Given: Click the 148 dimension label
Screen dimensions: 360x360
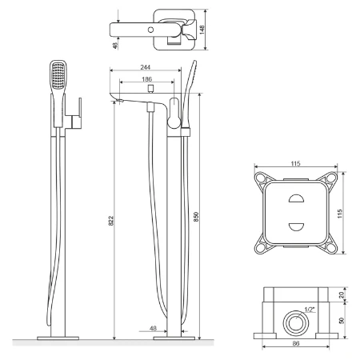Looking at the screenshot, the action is click(x=202, y=30).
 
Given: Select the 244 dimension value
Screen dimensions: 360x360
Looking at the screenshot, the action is click(x=146, y=67).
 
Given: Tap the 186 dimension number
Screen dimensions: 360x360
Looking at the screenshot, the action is click(x=146, y=79).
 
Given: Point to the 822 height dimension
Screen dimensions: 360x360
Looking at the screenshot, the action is click(x=110, y=221).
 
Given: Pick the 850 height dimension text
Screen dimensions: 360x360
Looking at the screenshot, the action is click(x=196, y=217).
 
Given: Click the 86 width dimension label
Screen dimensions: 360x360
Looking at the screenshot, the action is click(x=296, y=343).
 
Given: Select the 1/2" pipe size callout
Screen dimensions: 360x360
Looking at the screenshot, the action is click(x=310, y=310).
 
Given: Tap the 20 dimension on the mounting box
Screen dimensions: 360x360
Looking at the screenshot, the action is click(x=342, y=294).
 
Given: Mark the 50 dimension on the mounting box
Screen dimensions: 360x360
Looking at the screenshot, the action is click(x=342, y=321).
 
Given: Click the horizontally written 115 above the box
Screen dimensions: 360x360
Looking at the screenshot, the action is click(x=295, y=163).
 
